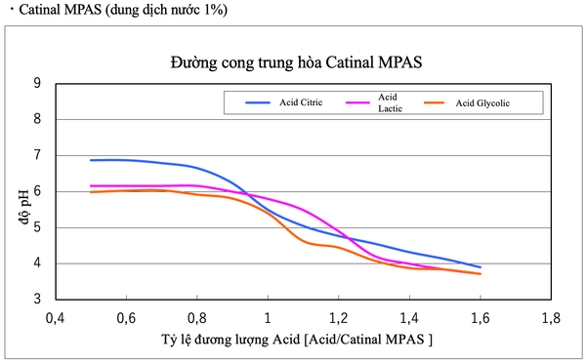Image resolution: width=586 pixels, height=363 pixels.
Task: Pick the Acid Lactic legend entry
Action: point(388,102)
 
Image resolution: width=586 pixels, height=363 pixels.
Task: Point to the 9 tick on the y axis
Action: point(37,84)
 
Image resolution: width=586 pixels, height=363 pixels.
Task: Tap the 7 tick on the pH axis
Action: point(37,156)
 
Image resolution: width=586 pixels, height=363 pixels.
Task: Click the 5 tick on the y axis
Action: point(37,227)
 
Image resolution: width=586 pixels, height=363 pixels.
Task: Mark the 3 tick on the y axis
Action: point(37,300)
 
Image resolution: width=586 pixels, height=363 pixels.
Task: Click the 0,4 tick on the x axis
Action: point(56,317)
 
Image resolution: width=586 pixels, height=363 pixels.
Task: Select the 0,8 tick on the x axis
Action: point(196,317)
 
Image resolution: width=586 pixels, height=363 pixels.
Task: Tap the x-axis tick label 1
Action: point(268,317)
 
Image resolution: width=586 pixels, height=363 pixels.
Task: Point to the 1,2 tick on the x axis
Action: point(339,317)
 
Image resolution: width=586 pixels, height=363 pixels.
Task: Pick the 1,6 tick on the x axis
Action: point(481,317)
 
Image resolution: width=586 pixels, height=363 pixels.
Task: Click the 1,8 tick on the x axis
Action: point(551,317)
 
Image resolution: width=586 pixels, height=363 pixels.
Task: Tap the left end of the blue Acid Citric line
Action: point(91,160)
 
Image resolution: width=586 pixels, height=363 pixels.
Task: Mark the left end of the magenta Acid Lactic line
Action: point(91,186)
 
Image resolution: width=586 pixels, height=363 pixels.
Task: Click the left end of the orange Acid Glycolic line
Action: point(91,192)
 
